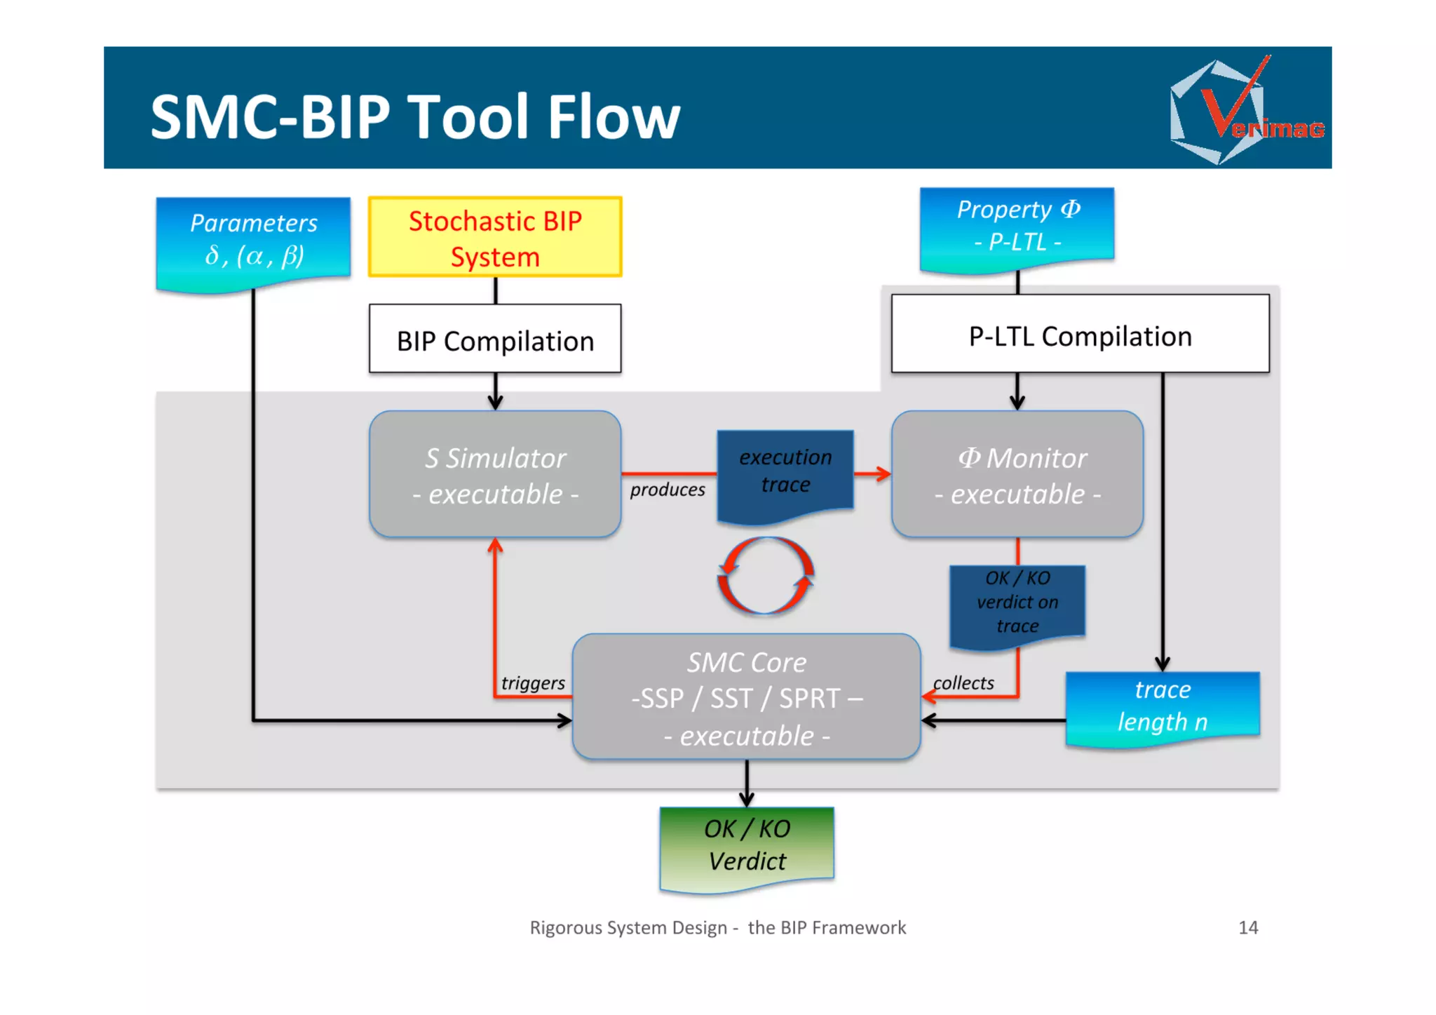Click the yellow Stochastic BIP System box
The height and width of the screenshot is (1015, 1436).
click(495, 238)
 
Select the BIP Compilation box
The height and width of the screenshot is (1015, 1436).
click(495, 340)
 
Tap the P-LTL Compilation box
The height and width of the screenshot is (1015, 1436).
click(1080, 335)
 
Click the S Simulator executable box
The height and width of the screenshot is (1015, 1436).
click(495, 475)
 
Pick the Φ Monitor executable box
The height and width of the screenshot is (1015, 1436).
click(1017, 475)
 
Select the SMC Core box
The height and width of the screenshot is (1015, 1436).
click(746, 697)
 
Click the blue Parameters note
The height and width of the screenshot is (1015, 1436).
click(253, 241)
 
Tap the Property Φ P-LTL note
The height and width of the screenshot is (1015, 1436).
click(1017, 227)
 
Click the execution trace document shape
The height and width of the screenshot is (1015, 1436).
click(785, 472)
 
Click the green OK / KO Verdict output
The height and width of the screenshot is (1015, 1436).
click(747, 845)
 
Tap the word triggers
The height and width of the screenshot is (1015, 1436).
click(533, 683)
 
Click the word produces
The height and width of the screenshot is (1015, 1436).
click(667, 490)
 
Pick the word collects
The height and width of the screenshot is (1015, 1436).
click(963, 683)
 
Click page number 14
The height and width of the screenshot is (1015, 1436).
click(1248, 927)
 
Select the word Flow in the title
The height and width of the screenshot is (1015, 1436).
click(614, 117)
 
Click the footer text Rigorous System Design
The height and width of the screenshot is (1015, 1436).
click(628, 927)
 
